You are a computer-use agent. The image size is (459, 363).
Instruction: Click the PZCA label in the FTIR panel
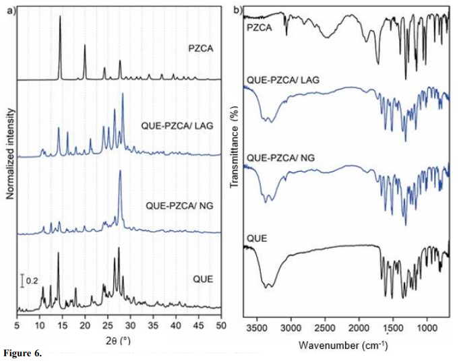(x=261, y=28)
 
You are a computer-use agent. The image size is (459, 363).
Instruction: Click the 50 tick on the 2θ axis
(x=221, y=327)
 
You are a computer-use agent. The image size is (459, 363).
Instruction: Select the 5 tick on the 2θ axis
(x=17, y=327)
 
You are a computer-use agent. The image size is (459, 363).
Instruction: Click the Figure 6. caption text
(x=22, y=354)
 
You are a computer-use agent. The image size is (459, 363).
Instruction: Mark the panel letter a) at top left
(x=9, y=8)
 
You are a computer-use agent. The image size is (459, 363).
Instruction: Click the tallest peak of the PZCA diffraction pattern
(x=60, y=17)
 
